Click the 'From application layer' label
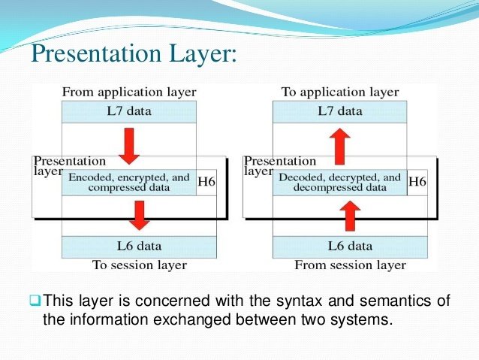point(128,92)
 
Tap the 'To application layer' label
point(339,92)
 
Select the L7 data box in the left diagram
point(128,111)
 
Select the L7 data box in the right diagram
point(339,111)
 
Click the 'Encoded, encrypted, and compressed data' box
point(128,182)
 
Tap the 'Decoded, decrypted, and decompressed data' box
point(339,182)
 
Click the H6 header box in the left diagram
point(206,182)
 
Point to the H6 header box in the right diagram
point(417,182)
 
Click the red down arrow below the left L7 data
point(129,146)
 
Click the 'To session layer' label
point(139,265)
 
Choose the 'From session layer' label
point(350,265)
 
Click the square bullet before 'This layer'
point(35,302)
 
